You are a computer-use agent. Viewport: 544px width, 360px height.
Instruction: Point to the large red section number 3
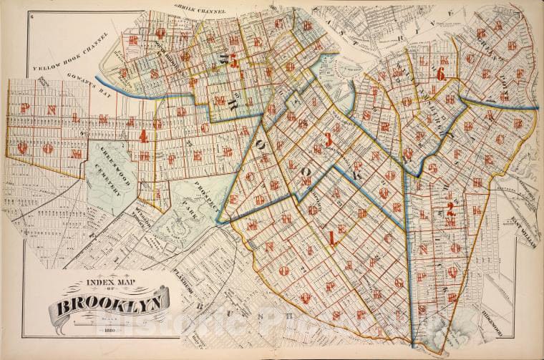pos(329,140)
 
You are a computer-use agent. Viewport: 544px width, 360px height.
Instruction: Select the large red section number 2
pos(450,209)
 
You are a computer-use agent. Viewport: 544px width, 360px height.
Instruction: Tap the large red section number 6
pos(441,74)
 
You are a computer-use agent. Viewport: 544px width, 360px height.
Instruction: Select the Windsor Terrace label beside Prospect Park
pos(148,214)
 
